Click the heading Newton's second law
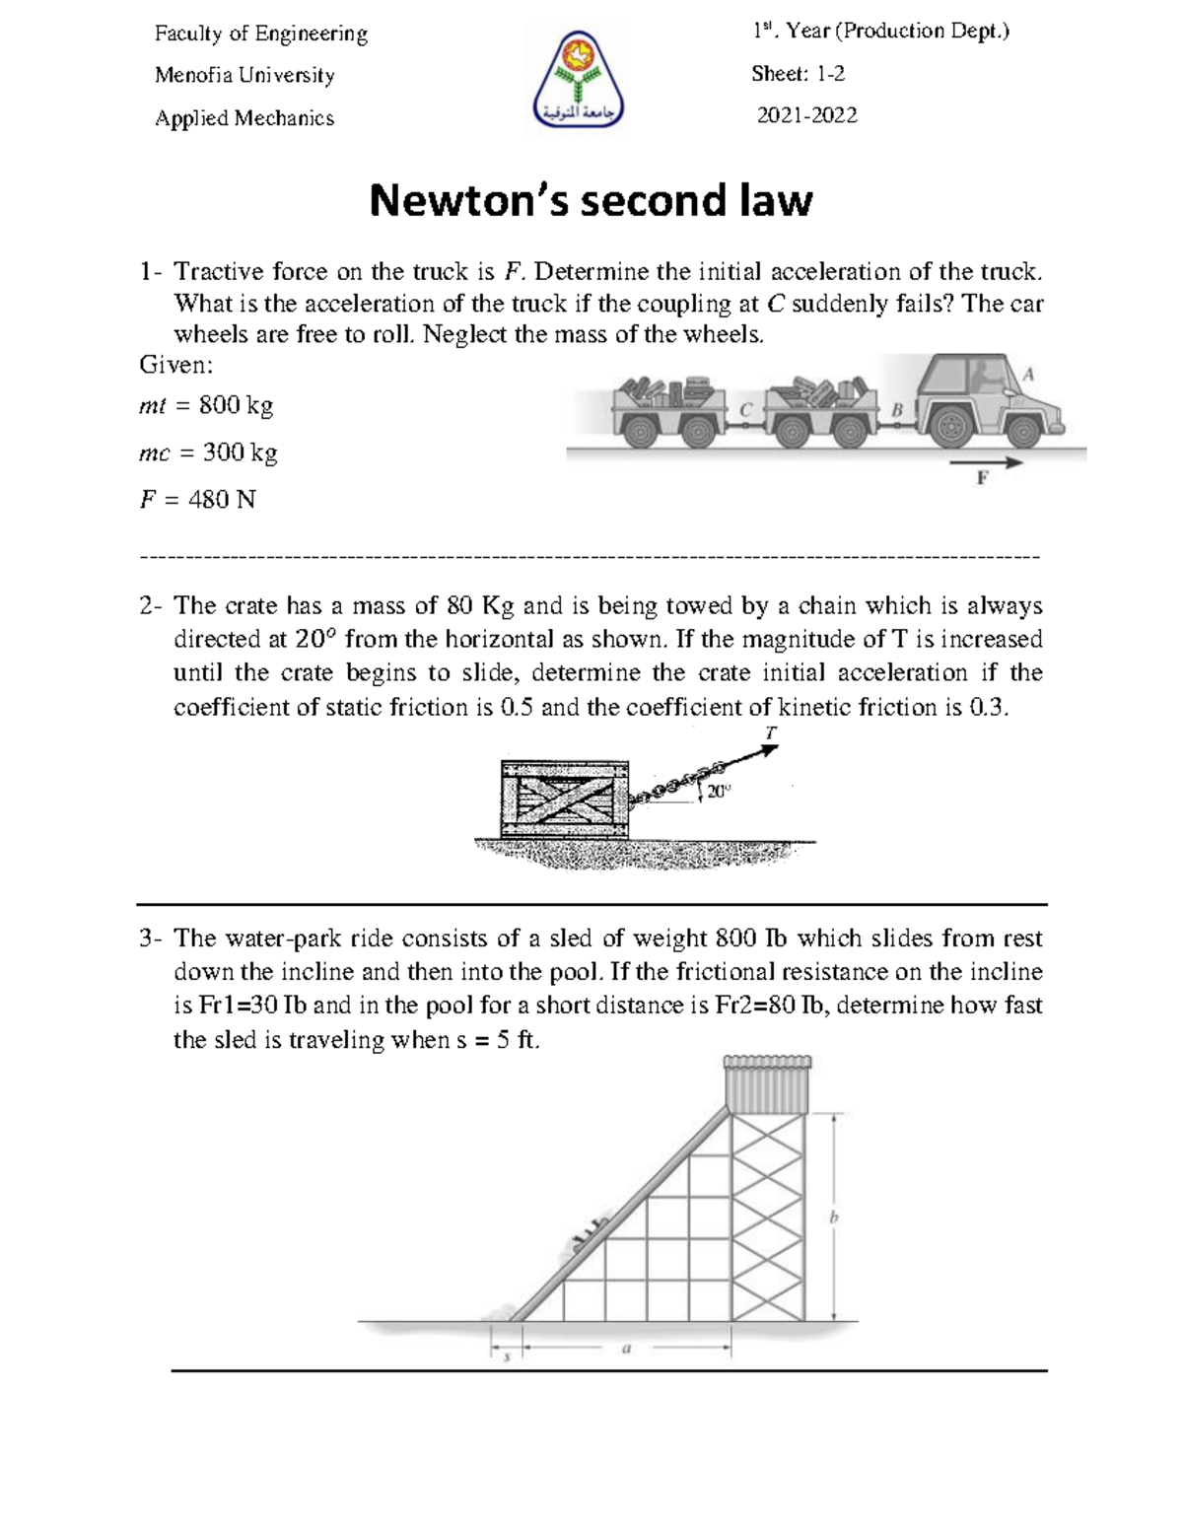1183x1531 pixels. (591, 201)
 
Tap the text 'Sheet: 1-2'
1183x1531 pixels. (798, 74)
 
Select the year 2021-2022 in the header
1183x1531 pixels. (806, 116)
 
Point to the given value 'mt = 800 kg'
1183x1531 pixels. (206, 405)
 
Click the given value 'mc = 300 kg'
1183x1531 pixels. (208, 452)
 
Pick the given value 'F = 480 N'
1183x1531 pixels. (197, 500)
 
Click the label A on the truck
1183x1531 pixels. (1029, 375)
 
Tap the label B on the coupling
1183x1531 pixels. (897, 408)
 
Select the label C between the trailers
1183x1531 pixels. (745, 408)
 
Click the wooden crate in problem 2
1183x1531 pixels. (564, 799)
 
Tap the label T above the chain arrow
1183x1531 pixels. (770, 732)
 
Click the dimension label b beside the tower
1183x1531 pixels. (834, 1218)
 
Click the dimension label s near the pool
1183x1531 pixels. (507, 1357)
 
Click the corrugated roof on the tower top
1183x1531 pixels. (768, 1082)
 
